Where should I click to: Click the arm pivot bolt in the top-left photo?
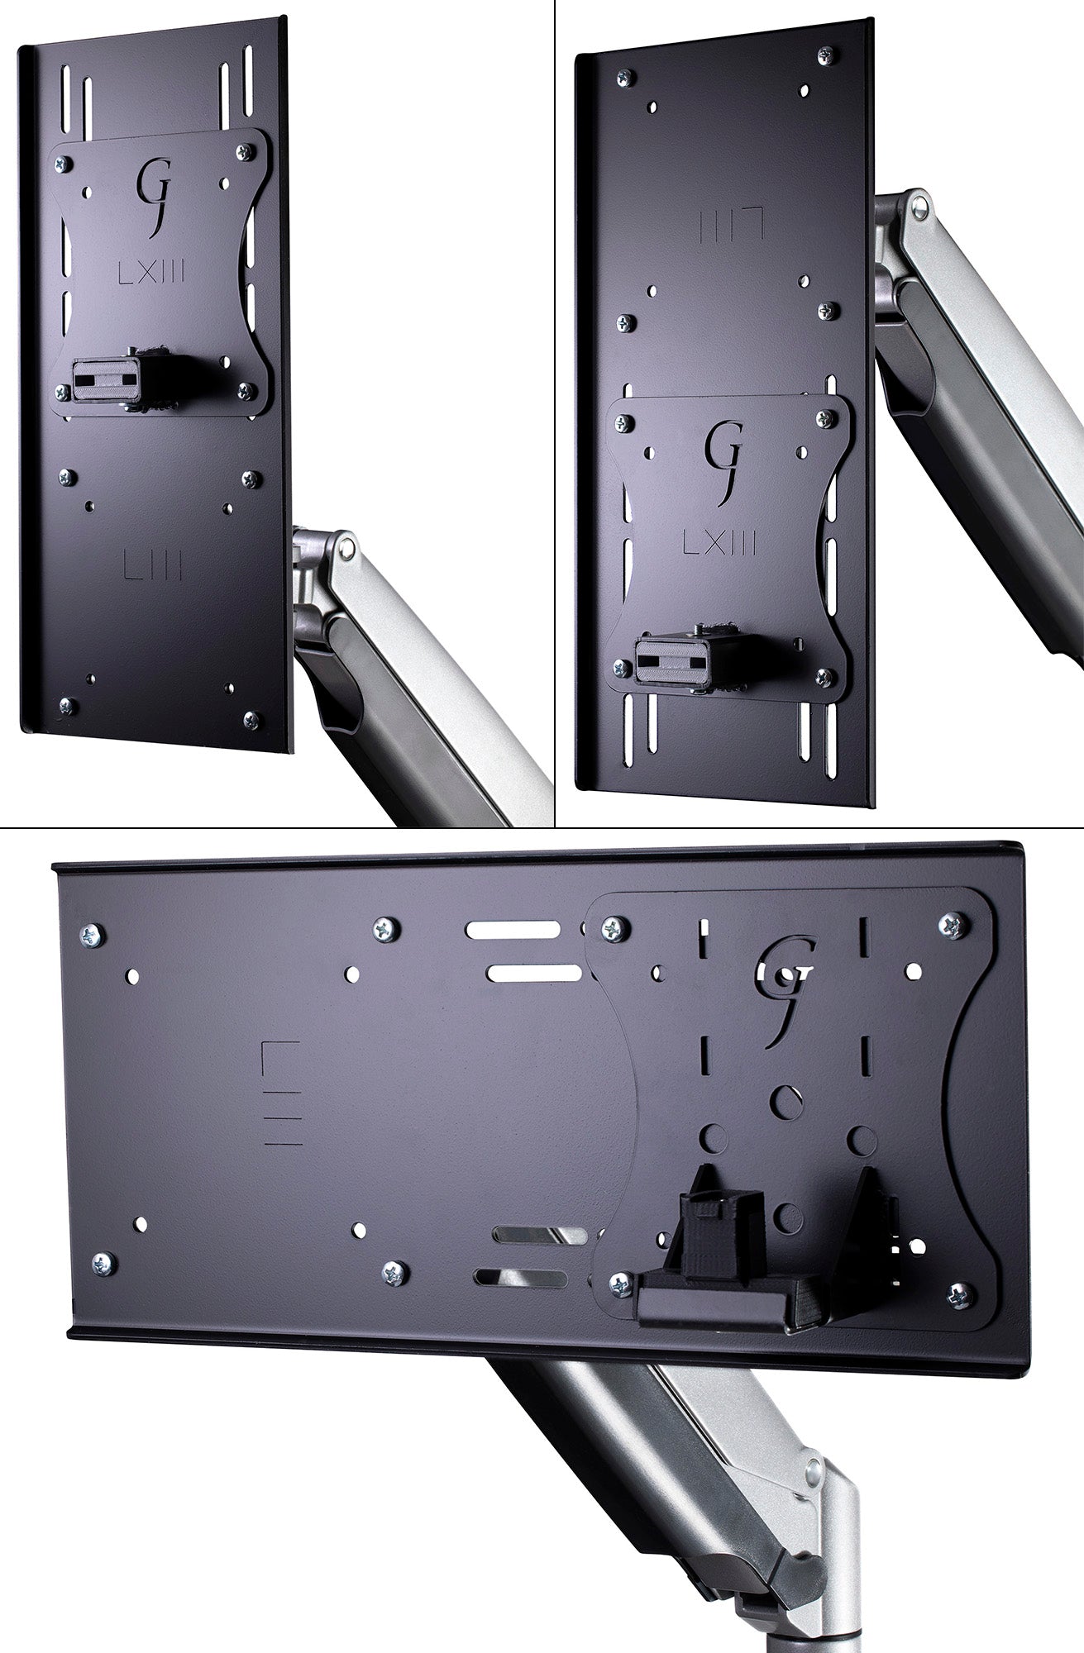[349, 545]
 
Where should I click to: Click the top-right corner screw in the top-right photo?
[824, 55]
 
